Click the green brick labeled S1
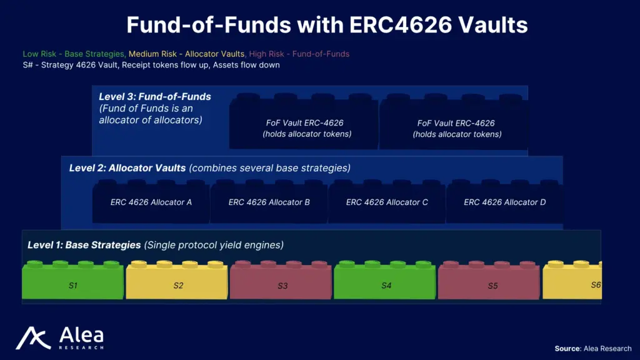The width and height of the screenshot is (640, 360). (x=72, y=281)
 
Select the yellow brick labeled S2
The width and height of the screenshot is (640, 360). (x=177, y=281)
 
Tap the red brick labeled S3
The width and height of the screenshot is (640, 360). (x=281, y=281)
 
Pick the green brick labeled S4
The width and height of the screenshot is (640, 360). (x=385, y=281)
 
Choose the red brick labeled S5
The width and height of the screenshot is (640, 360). (x=489, y=281)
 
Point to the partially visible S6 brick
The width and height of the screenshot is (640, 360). (x=572, y=281)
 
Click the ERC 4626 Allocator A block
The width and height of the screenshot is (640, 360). (x=151, y=202)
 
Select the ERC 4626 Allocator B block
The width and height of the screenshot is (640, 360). (x=269, y=202)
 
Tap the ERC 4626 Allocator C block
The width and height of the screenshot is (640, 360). (x=387, y=202)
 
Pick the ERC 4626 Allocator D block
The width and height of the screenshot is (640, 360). (x=504, y=202)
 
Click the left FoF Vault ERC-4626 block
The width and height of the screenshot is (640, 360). (x=304, y=122)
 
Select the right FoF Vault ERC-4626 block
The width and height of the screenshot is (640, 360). (x=454, y=122)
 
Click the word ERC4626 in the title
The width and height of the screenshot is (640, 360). (x=401, y=25)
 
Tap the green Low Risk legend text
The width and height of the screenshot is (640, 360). (x=74, y=54)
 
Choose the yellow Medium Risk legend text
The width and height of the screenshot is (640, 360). (x=186, y=54)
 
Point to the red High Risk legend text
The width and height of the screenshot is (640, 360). (x=299, y=54)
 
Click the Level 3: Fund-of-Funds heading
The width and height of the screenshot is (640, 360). (x=155, y=97)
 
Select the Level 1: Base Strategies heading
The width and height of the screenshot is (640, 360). (x=84, y=245)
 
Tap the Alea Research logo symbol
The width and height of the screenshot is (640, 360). (x=33, y=338)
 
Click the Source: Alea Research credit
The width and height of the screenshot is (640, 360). (x=592, y=349)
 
